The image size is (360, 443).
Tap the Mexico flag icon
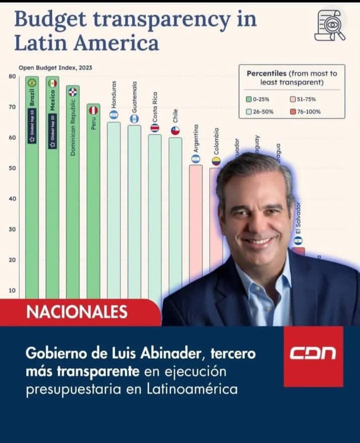pos(52,83)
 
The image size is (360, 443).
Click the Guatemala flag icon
pos(134,119)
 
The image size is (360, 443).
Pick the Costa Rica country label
pos(155,107)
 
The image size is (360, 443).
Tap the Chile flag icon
pos(175,131)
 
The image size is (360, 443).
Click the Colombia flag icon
pos(216,161)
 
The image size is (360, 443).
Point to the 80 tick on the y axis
pos(12,76)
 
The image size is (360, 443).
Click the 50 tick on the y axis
pos(12,168)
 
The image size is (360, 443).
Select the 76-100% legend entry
pos(307,112)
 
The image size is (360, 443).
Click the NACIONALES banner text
pos(77,312)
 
